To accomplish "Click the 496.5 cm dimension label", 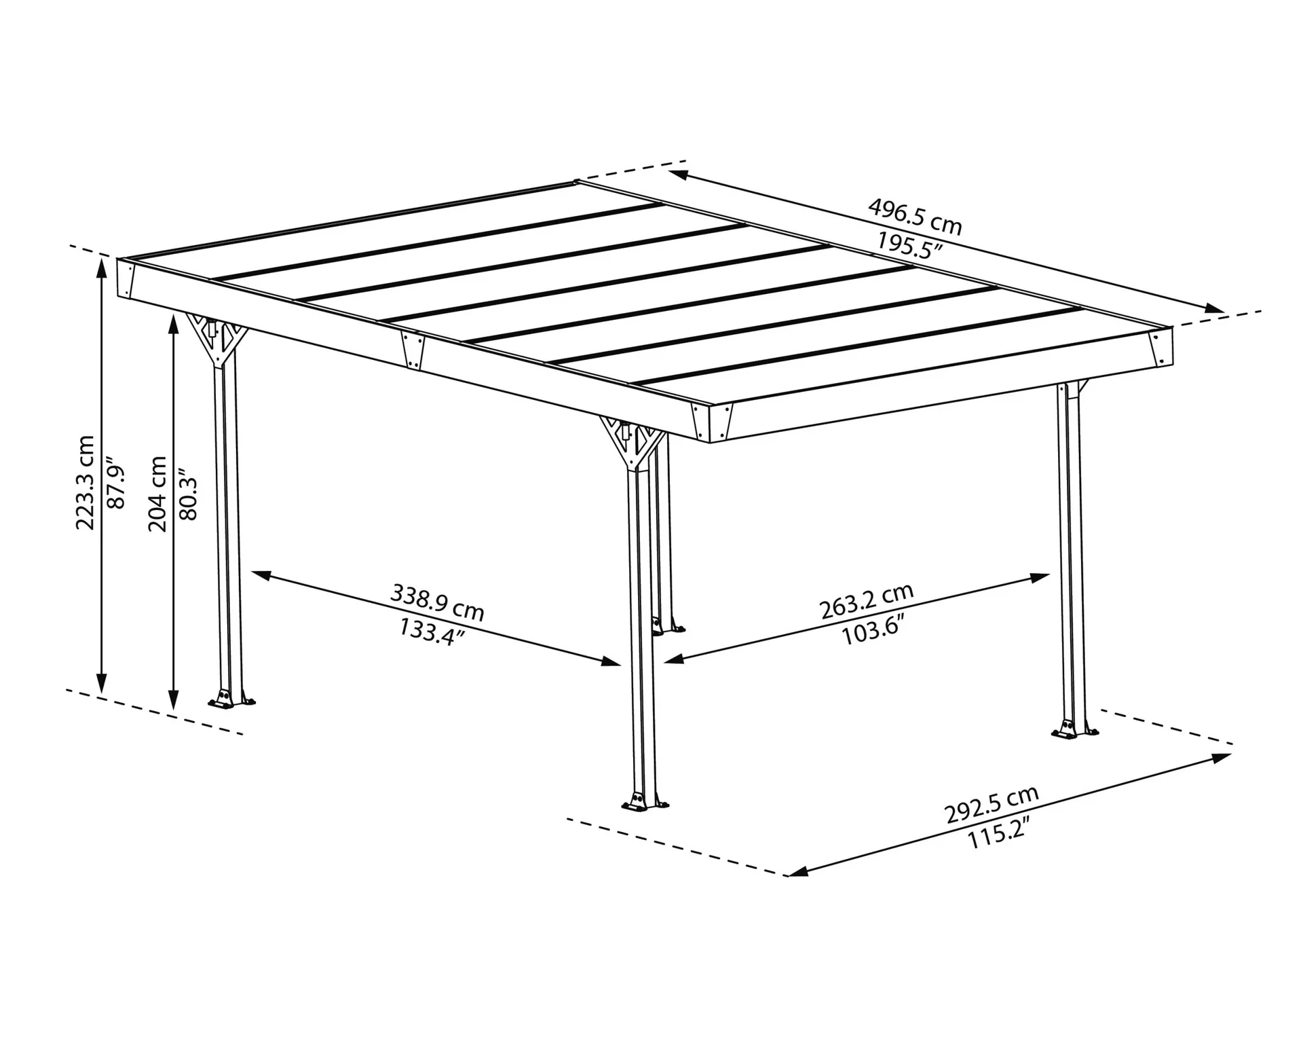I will click(915, 216).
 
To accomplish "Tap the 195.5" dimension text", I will click(909, 246).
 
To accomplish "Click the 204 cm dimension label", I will click(157, 494).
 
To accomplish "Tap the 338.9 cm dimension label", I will click(437, 602).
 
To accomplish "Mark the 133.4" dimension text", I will click(432, 632).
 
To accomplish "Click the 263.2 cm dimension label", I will click(867, 601).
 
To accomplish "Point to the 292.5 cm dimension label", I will click(992, 805).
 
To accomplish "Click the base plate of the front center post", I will click(644, 805).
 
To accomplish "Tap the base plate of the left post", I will click(232, 701).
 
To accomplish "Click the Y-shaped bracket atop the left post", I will click(217, 340).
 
